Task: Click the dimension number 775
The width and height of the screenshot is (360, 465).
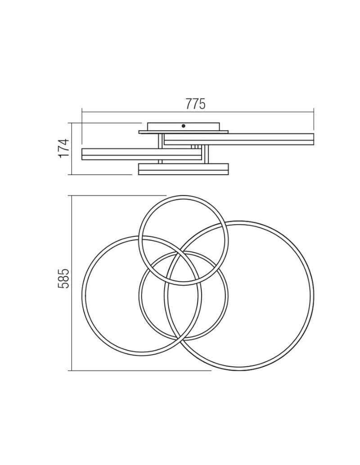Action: click(195, 104)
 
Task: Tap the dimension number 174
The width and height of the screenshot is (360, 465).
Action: click(64, 148)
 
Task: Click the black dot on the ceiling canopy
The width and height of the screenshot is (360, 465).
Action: click(183, 126)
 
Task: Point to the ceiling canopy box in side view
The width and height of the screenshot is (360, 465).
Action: click(184, 126)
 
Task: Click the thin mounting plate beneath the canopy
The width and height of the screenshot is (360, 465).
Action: click(184, 132)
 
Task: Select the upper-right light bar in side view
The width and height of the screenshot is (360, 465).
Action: click(239, 140)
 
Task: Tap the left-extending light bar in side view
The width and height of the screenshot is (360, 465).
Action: click(142, 154)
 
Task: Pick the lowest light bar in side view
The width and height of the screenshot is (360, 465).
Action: click(184, 169)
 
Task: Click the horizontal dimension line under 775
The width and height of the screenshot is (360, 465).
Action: click(198, 112)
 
